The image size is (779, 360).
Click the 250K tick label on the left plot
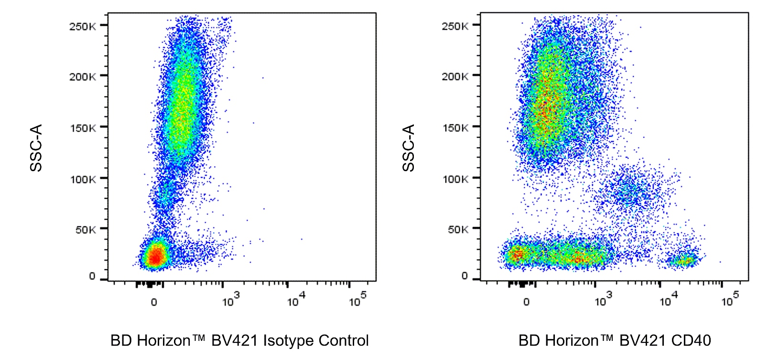tap(82, 26)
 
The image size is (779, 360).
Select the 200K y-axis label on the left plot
tap(82, 77)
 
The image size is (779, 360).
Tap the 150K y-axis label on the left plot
tap(82, 128)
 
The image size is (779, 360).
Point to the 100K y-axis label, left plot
tap(82, 179)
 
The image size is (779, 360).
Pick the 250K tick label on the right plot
tap(454, 26)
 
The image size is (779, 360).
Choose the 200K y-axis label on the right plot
tap(454, 76)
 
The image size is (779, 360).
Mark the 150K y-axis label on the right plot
tap(454, 128)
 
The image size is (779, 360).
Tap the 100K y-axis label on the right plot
tap(454, 179)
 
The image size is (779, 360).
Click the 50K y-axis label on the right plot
tap(457, 229)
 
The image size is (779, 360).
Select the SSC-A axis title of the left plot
tap(36, 148)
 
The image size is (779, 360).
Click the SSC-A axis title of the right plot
tap(409, 148)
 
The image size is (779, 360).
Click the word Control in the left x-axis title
tap(344, 341)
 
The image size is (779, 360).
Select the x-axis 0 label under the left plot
tap(154, 302)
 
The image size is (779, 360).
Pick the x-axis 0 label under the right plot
tap(526, 302)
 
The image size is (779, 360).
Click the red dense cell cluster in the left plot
tap(155, 256)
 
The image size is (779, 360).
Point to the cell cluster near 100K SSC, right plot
tap(631, 191)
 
